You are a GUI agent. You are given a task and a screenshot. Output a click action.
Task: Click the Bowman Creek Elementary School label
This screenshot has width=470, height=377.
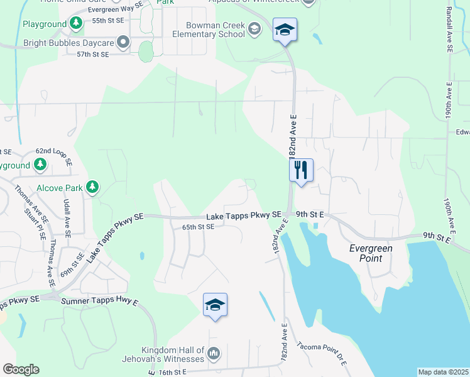pyautogui.click(x=206, y=30)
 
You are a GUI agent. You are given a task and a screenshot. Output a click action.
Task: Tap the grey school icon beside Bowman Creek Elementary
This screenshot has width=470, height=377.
pyautogui.click(x=254, y=29)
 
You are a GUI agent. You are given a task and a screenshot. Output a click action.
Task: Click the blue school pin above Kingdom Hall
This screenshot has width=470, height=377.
pyautogui.click(x=215, y=305)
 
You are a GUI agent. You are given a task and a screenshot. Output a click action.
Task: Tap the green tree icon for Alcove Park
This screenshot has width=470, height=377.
pyautogui.click(x=92, y=187)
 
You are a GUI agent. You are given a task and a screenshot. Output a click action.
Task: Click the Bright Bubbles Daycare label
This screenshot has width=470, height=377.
pyautogui.click(x=68, y=43)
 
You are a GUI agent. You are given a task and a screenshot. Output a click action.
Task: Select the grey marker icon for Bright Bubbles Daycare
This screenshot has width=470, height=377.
pyautogui.click(x=123, y=43)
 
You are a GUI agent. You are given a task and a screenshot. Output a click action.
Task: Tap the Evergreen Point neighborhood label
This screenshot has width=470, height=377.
pyautogui.click(x=371, y=253)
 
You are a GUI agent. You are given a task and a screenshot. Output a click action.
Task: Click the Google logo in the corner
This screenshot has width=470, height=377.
pyautogui.click(x=21, y=369)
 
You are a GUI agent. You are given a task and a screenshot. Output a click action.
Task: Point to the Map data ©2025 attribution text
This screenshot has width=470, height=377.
pyautogui.click(x=443, y=372)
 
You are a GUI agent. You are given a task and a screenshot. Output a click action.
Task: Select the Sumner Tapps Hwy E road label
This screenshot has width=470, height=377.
pyautogui.click(x=99, y=302)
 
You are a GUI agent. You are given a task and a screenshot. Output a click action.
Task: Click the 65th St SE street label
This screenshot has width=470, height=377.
pyautogui.click(x=199, y=227)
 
